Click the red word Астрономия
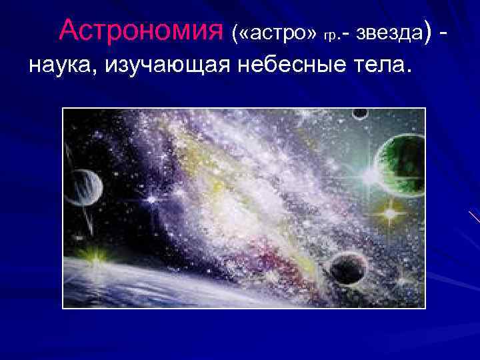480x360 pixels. point(140,30)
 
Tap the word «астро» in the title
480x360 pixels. point(273,32)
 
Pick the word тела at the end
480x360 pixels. point(383,67)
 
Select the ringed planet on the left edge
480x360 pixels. point(83,189)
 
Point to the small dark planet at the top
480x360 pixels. point(360,115)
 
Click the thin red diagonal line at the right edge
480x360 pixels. point(474,217)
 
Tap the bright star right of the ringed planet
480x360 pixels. point(153,198)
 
